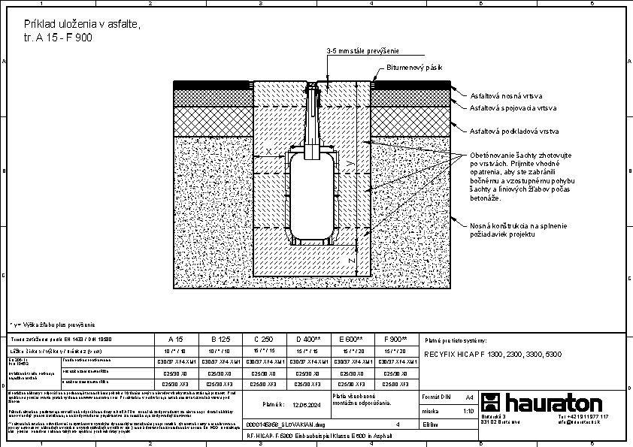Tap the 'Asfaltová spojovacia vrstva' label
point(513,108)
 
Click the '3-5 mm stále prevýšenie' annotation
point(362,51)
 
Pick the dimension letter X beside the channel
point(268,151)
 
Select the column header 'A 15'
point(174,340)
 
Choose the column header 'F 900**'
point(395,340)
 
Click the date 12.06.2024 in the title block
point(306,404)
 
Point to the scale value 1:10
point(468,412)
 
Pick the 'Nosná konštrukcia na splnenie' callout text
point(519,225)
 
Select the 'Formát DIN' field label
point(436,396)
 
